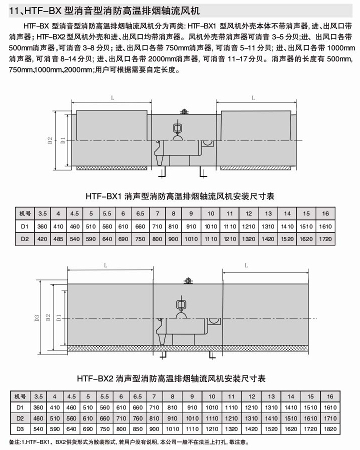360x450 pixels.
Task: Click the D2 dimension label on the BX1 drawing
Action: point(50,140)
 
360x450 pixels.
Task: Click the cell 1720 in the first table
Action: point(325,238)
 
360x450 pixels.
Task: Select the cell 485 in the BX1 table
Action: point(58,238)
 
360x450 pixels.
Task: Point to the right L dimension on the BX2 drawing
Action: point(246,266)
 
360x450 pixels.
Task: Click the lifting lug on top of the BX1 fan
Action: point(183,111)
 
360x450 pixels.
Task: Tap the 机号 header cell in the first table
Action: point(23,213)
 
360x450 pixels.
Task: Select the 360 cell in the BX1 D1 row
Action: point(42,226)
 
